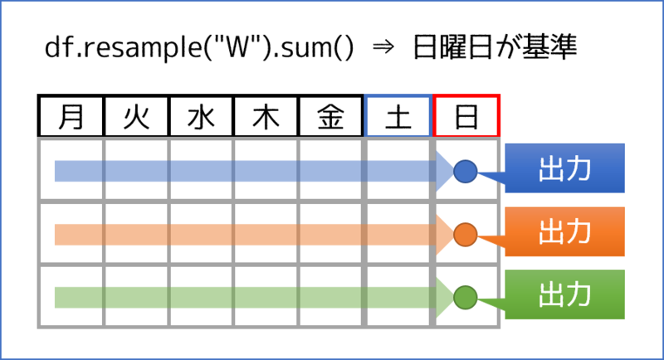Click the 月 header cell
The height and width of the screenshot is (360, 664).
(x=71, y=117)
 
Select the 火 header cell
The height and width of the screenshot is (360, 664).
(x=136, y=117)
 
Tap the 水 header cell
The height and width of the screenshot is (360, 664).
(x=201, y=117)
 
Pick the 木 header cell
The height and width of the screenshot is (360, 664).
(x=266, y=117)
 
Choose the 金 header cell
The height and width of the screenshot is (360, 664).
(x=331, y=117)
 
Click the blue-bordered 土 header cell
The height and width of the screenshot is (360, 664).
(x=398, y=117)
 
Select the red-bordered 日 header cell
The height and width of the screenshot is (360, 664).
(x=466, y=117)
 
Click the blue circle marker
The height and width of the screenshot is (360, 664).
(x=466, y=171)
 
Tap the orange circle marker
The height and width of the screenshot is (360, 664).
(x=466, y=235)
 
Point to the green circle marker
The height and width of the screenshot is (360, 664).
(x=466, y=296)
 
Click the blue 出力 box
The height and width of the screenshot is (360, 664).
(x=564, y=168)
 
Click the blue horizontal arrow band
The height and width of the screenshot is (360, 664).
(x=249, y=171)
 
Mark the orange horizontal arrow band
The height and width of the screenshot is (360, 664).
(x=249, y=235)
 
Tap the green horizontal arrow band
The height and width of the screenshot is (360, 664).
(x=249, y=296)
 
